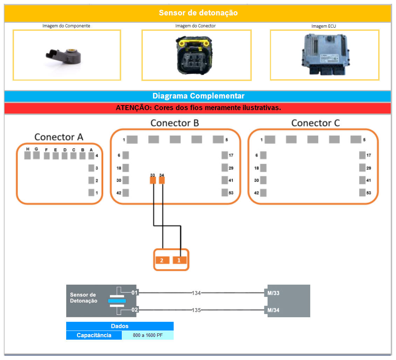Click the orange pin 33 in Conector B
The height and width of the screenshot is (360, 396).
click(x=153, y=180)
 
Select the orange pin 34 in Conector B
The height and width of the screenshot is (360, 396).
click(x=162, y=180)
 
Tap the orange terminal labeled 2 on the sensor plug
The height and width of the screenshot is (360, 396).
click(x=162, y=260)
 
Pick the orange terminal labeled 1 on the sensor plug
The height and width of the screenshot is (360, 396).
click(x=180, y=260)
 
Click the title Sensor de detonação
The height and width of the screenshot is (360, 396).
click(x=198, y=13)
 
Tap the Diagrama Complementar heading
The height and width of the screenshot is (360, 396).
click(x=198, y=96)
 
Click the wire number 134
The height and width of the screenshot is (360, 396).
click(x=196, y=293)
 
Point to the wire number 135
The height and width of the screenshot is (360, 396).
click(x=196, y=310)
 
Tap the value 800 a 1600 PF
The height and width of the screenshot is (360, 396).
click(x=147, y=335)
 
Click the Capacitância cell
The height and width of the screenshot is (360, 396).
click(x=94, y=335)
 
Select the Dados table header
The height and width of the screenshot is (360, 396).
click(x=120, y=326)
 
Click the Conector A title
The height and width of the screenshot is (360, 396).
click(x=59, y=137)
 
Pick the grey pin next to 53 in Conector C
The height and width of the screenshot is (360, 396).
click(x=362, y=192)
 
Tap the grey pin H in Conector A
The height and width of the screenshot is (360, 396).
click(x=28, y=155)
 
